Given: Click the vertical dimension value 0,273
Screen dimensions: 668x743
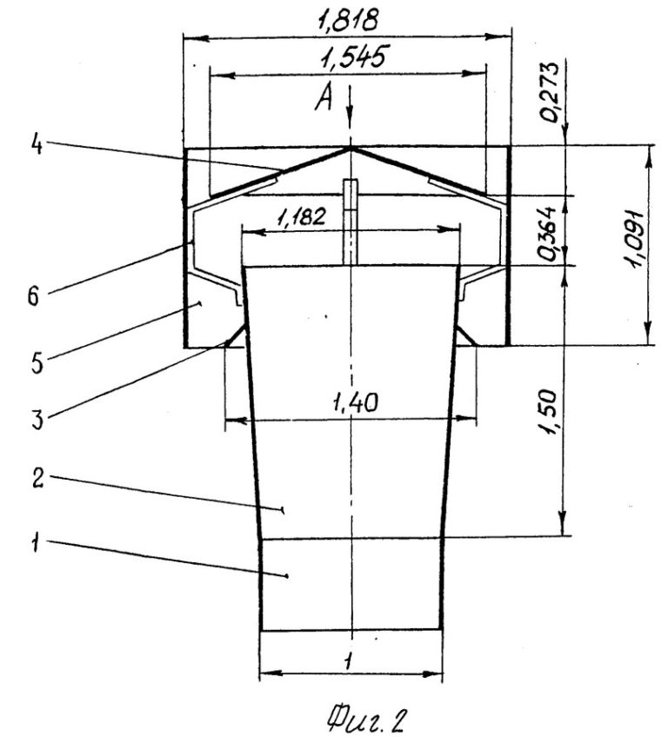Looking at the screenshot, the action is tap(551, 92).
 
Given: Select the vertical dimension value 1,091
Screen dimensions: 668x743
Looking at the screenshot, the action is tap(636, 239).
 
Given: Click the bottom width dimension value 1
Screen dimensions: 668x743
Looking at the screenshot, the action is tap(349, 660).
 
